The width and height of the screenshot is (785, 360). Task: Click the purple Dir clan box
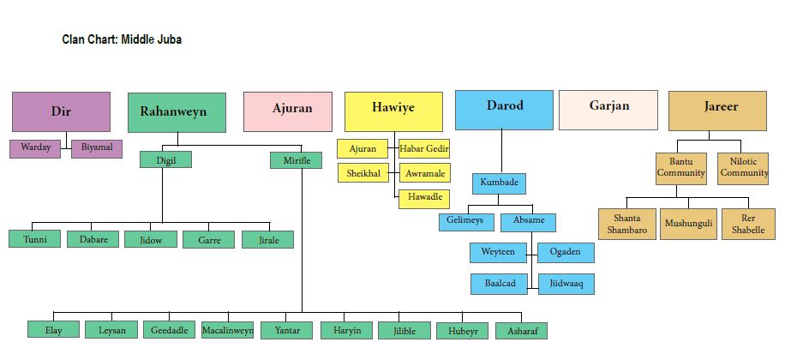(x=61, y=111)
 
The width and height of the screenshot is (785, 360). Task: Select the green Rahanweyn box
(x=177, y=112)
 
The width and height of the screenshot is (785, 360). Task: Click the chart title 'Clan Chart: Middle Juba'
(x=122, y=39)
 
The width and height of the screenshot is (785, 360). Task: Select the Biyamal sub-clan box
(x=97, y=148)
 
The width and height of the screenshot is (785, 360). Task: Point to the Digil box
(x=165, y=159)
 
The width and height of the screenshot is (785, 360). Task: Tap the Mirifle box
(x=297, y=159)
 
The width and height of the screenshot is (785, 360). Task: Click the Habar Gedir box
(x=424, y=148)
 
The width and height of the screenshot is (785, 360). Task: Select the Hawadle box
(x=424, y=198)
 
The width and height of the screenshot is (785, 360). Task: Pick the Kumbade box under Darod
(x=498, y=183)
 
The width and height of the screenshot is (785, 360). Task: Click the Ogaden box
(x=566, y=252)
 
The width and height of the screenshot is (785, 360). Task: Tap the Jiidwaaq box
(x=566, y=284)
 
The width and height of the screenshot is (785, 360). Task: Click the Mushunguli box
(x=688, y=224)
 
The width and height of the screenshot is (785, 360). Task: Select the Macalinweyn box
(x=228, y=330)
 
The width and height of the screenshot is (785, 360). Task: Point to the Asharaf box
(x=522, y=330)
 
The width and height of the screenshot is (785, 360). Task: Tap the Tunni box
(x=35, y=239)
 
